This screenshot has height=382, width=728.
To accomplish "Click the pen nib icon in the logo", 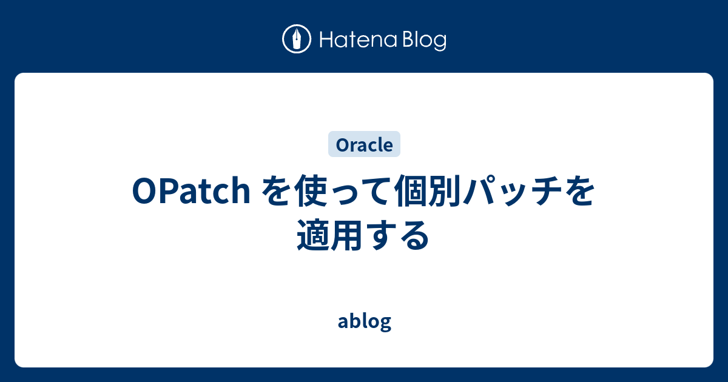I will pos(297,40).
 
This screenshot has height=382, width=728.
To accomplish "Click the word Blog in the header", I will pos(423,41).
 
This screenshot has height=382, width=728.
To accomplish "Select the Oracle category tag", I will pos(364,145).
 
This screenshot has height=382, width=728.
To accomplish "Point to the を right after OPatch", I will pos(277,193).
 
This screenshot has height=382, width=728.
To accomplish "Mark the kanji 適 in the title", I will pos(314,235).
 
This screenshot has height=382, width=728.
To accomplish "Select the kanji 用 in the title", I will pos(348,235).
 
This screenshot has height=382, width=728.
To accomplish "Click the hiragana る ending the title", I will pos(414,235).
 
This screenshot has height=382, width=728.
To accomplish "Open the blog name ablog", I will pos(364,321).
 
